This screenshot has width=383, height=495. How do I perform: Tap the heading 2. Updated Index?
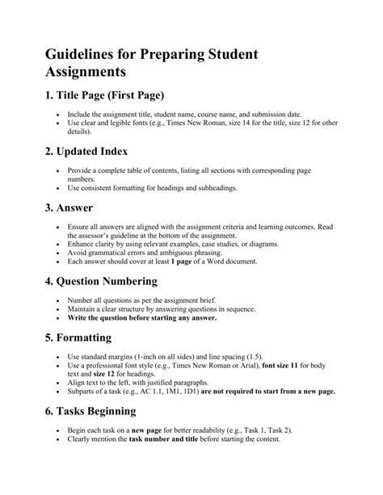pos(87,151)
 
